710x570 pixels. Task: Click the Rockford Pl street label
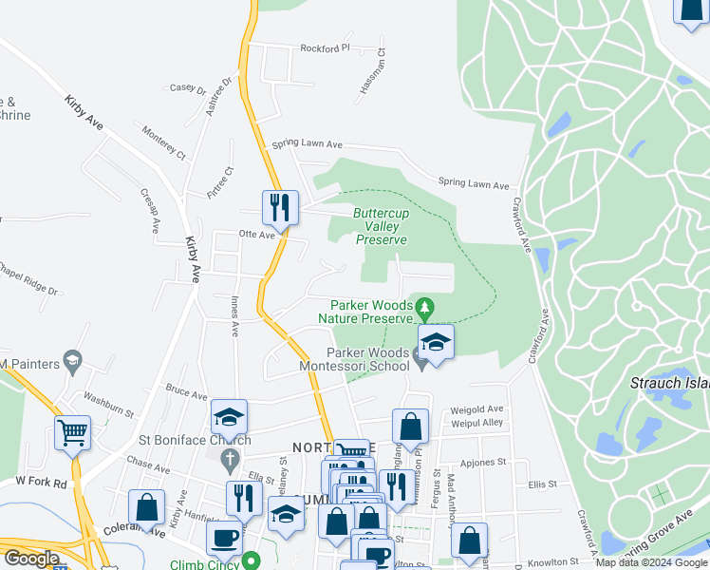tap(325, 47)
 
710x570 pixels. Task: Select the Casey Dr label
tap(187, 88)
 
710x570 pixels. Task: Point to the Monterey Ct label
tap(163, 140)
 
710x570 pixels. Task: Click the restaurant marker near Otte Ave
tap(280, 206)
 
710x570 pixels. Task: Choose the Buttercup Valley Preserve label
tap(382, 227)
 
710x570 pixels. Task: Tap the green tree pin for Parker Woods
tap(425, 306)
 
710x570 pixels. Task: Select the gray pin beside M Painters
tap(73, 361)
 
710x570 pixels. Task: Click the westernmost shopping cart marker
tap(72, 432)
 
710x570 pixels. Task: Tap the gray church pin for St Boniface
tap(229, 461)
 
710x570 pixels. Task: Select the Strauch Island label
tap(669, 383)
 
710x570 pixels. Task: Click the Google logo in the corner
tap(31, 559)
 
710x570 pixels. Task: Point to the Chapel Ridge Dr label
tap(27, 279)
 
